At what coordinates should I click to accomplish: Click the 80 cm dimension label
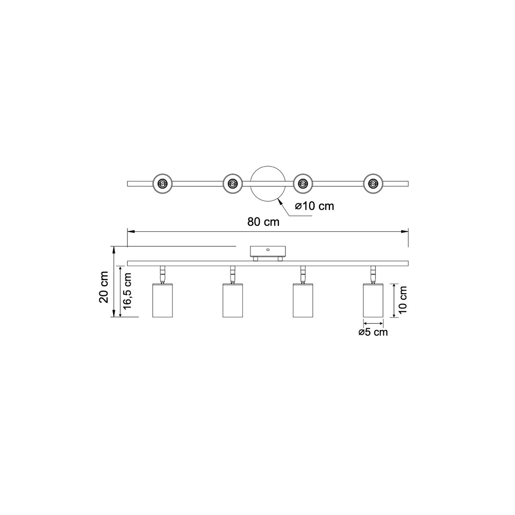pyautogui.click(x=263, y=222)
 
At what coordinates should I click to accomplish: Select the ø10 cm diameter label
pyautogui.click(x=315, y=206)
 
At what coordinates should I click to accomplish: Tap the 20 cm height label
pyautogui.click(x=104, y=287)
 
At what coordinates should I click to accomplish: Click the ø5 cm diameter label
pyautogui.click(x=373, y=332)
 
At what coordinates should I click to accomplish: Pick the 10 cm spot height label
pyautogui.click(x=402, y=300)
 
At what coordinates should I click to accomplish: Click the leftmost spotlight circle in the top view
pyautogui.click(x=162, y=184)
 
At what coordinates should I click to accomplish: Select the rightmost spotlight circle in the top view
pyautogui.click(x=373, y=184)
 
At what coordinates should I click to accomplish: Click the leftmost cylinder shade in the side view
pyautogui.click(x=162, y=300)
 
